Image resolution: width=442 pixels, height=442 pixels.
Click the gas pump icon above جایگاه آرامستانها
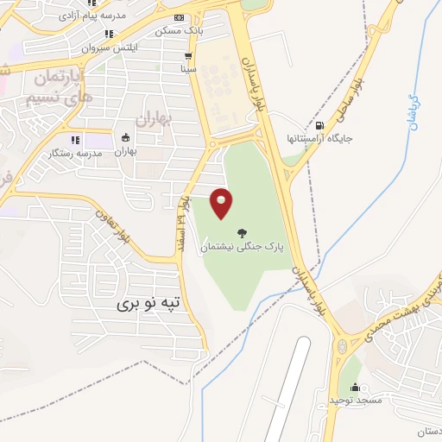(320, 125)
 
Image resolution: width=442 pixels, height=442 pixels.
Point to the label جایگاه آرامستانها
(325, 138)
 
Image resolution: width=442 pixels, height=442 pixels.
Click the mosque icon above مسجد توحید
(355, 388)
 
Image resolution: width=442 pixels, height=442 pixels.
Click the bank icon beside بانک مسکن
(179, 18)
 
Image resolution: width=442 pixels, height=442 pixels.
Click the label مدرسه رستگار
(80, 152)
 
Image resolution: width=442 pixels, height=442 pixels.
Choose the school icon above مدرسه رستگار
(76, 139)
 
